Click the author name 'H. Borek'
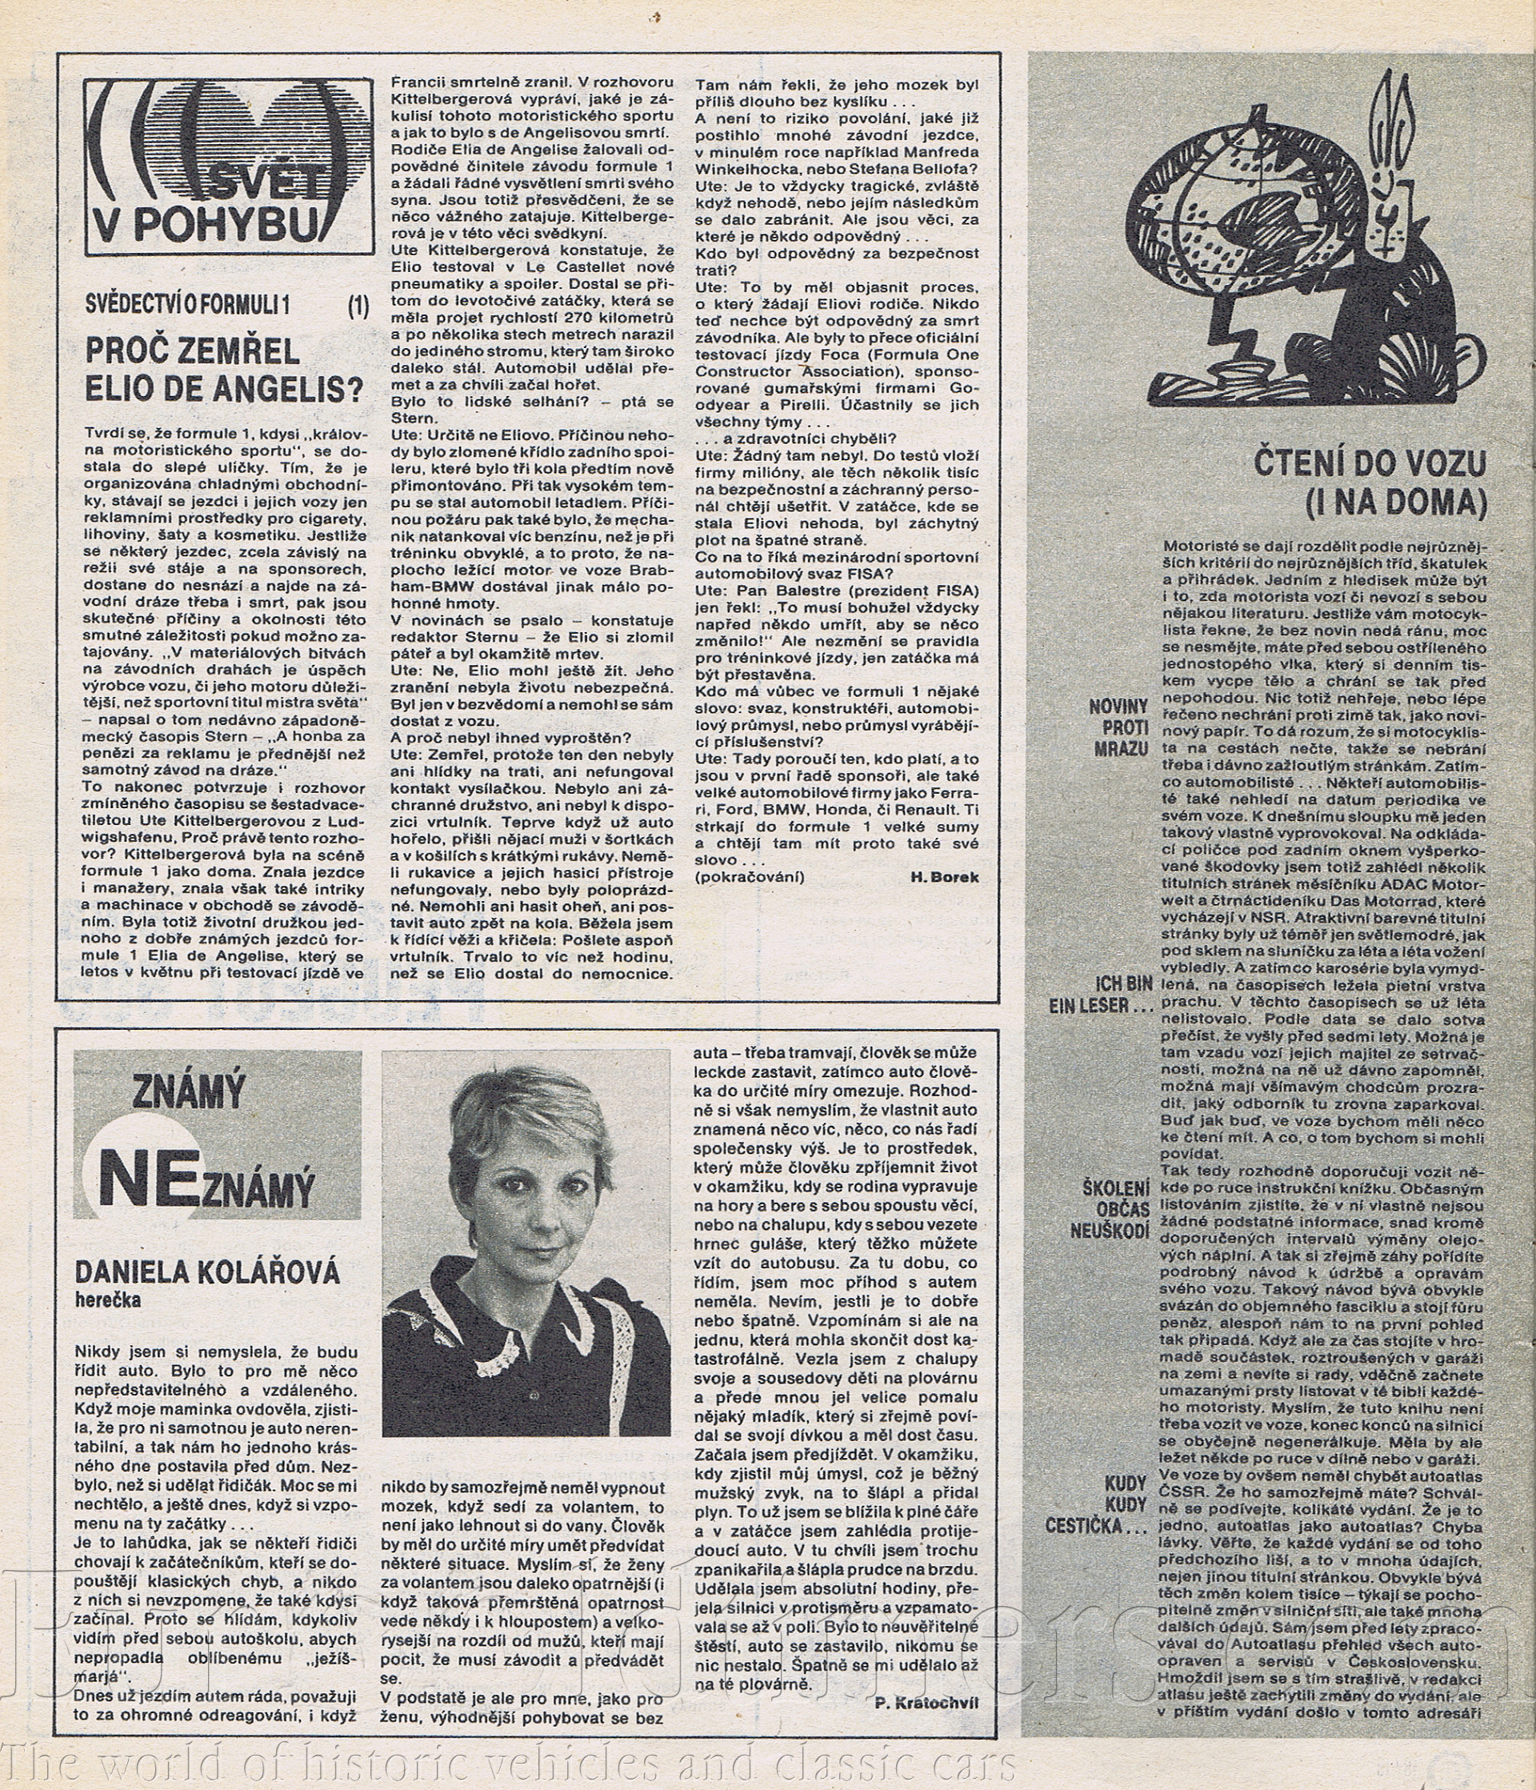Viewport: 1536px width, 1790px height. point(944,877)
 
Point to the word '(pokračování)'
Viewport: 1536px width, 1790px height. point(749,877)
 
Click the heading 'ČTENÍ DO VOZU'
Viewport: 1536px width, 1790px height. point(1370,465)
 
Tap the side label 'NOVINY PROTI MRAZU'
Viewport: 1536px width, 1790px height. point(1118,727)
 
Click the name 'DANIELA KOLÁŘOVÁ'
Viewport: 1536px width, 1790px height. point(207,1272)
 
